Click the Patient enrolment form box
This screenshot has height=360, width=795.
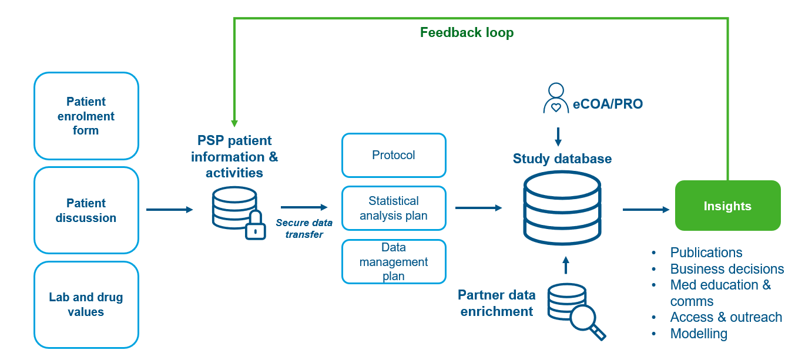pos(86,116)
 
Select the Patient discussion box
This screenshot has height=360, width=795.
pos(86,210)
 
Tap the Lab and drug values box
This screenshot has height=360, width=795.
pos(86,304)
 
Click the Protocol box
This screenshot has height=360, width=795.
pos(394,155)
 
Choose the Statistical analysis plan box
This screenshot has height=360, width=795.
pos(394,208)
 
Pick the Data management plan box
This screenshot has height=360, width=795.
pos(394,261)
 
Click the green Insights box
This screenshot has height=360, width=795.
pos(727,206)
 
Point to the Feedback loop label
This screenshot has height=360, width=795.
pos(467,32)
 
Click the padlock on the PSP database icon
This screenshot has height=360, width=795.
pos(255,226)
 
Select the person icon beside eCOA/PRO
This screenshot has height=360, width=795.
pos(555,98)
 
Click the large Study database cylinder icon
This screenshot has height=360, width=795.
pos(562,207)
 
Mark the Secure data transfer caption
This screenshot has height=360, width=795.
pos(304,228)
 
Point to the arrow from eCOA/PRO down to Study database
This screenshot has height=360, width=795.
pos(558,137)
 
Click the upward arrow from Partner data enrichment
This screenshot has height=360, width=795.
pos(566,265)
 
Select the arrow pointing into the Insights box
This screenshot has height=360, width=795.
pos(646,209)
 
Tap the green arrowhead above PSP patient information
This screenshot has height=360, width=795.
pos(234,123)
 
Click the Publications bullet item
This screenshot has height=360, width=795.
pos(706,253)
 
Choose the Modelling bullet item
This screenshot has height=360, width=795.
pos(699,334)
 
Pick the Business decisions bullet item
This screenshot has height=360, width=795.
pos(727,269)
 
